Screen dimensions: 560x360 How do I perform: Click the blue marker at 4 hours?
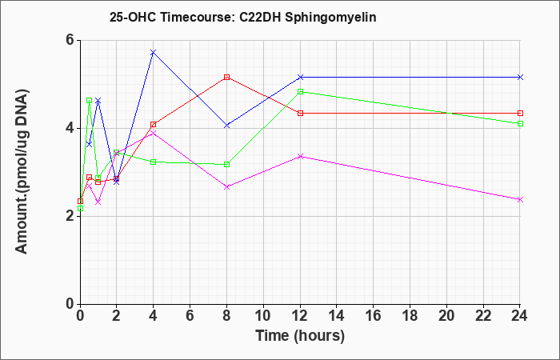pos(154,53)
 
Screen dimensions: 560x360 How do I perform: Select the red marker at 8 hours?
pos(226,77)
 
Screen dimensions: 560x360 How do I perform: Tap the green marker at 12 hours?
pos(300,91)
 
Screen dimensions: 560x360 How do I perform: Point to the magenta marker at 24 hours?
pos(520,200)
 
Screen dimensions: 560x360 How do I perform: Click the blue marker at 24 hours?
pos(520,77)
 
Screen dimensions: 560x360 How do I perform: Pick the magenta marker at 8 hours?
pos(226,186)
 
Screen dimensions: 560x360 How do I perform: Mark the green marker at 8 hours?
pos(226,165)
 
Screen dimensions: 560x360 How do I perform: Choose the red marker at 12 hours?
pos(300,114)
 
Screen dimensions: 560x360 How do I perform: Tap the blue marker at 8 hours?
pos(226,126)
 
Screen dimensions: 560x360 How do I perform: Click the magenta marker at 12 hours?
pos(300,157)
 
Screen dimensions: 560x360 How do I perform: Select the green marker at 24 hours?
pos(520,123)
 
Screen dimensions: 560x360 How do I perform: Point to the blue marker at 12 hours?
pos(300,77)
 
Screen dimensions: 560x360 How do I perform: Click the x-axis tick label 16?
pos(374,316)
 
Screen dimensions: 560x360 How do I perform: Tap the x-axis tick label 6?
pos(190,316)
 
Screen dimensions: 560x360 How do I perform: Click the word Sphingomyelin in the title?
pos(330,18)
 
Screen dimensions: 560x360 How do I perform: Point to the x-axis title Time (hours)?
pos(300,336)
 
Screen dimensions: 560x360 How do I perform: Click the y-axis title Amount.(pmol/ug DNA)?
pos(22,172)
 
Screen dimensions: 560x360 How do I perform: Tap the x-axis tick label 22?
pos(483,316)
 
